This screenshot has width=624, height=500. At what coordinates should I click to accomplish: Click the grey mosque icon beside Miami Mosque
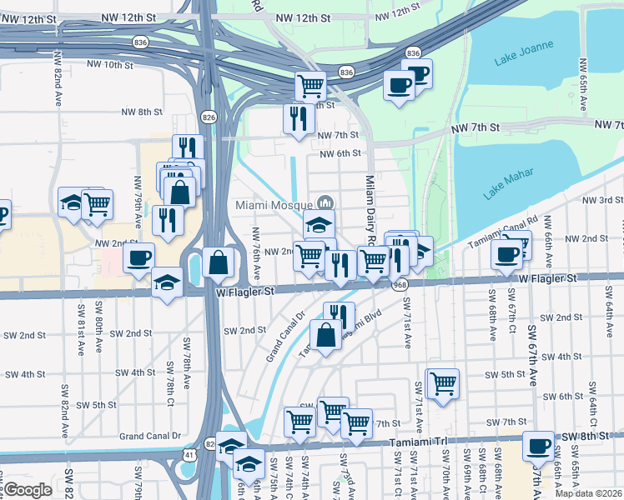pos(325,203)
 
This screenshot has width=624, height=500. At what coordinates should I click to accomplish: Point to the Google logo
pos(28,490)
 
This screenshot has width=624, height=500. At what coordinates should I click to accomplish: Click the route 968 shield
pos(400,285)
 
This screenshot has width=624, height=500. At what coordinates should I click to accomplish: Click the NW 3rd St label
pos(603,200)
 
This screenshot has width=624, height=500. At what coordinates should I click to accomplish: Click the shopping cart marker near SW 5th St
pos(443,383)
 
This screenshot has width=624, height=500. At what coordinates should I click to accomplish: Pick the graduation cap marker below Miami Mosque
pos(318,224)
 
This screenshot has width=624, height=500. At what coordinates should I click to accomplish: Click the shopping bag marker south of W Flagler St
pos(325,336)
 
